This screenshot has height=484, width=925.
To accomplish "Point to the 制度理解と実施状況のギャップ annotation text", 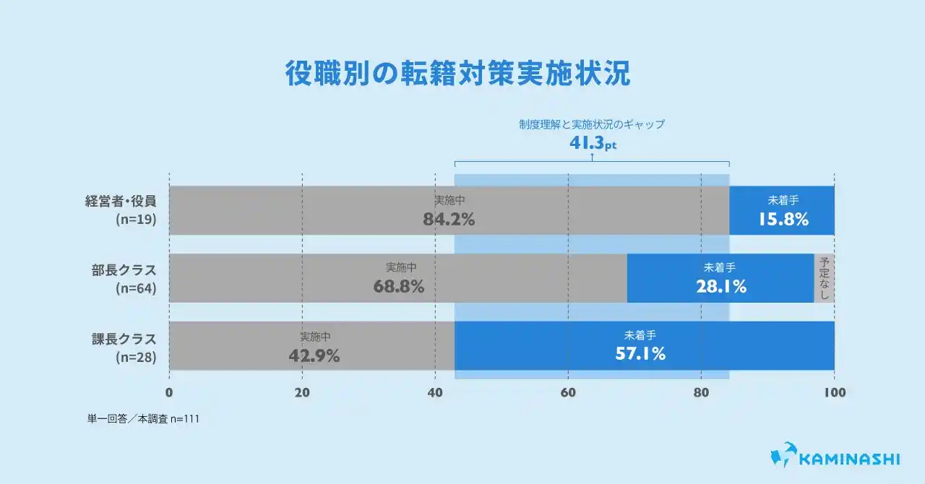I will point(591,124).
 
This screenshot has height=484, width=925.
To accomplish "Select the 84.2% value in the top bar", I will point(449,219).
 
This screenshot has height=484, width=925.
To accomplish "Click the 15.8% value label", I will point(783,219).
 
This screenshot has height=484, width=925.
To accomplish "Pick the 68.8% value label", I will point(399,286).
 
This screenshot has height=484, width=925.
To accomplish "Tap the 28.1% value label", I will point(720,286).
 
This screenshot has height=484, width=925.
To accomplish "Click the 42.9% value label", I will point(314,355).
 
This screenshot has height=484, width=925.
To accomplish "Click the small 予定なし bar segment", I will point(825,278).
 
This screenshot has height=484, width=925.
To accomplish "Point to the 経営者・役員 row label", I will point(126,202).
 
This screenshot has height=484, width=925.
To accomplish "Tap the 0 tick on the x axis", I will point(169,393).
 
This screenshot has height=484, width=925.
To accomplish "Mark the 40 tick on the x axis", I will point(435,393).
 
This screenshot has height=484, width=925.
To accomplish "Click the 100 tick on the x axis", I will point(834,393).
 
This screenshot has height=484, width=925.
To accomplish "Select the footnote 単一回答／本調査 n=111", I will point(143,418).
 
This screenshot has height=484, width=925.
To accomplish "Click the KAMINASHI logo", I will point(835,458).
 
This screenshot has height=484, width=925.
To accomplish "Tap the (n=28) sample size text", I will point(137,357).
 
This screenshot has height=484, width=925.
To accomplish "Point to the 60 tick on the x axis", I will point(568,393).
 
